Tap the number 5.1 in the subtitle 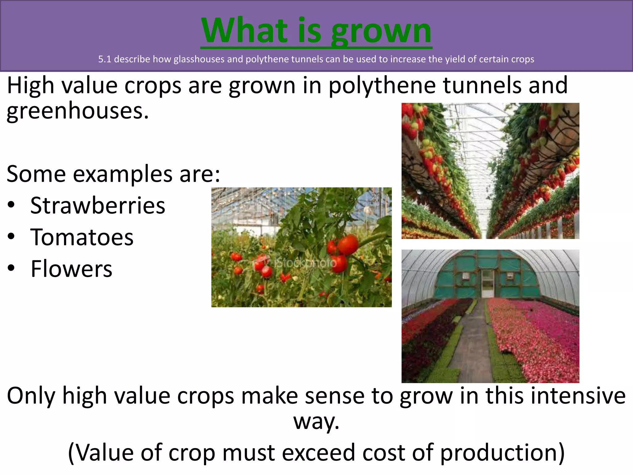104,59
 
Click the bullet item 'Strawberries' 98,206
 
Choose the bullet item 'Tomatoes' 82,237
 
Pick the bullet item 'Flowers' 71,269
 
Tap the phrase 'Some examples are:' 113,174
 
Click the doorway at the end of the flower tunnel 488,283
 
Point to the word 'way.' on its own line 316,422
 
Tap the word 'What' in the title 244,31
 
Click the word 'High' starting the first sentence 30,86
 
